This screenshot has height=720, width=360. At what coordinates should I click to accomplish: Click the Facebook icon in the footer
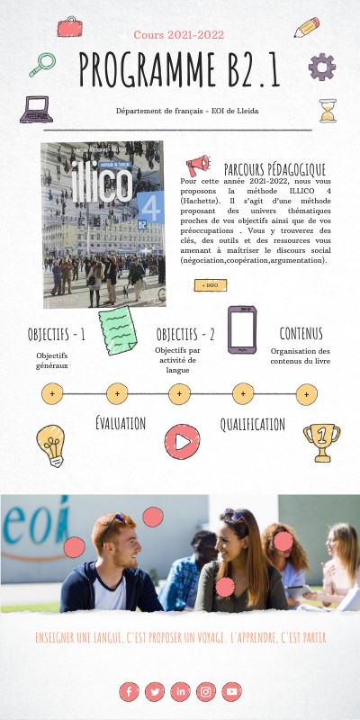[x=129, y=691]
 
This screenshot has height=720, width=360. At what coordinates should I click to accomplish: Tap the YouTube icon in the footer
[x=232, y=691]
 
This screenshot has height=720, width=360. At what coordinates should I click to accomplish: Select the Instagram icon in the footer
[x=206, y=691]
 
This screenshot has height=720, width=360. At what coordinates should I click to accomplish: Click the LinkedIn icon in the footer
[x=181, y=691]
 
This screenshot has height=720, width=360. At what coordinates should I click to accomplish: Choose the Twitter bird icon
[x=155, y=691]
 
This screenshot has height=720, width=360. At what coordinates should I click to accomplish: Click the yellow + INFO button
[x=211, y=285]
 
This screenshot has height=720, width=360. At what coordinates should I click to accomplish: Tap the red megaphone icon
[x=197, y=166]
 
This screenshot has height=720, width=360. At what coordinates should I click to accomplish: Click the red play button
[x=182, y=441]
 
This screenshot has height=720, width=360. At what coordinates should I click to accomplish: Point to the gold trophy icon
[x=321, y=442]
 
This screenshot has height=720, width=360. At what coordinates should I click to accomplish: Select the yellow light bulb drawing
[x=50, y=444]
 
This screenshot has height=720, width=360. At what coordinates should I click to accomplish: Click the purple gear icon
[x=321, y=67]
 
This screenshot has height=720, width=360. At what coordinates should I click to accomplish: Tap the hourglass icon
[x=328, y=111]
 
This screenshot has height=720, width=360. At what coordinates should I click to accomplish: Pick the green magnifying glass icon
[x=41, y=65]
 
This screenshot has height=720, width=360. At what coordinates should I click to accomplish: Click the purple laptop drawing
[x=36, y=110]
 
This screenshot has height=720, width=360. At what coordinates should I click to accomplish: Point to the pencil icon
[x=306, y=27]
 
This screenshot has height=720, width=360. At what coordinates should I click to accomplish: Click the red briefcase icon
[x=69, y=27]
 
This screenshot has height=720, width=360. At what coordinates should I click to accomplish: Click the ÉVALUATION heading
[x=120, y=423]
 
